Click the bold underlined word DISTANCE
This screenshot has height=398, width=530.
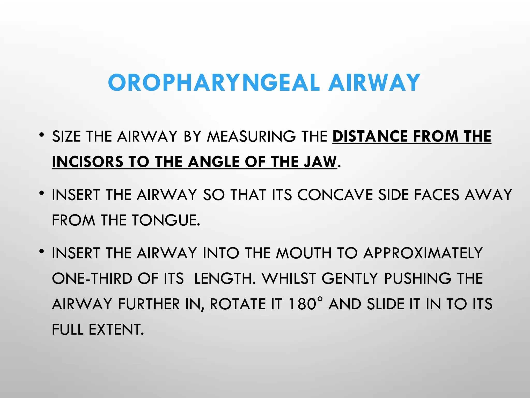[x=370, y=137]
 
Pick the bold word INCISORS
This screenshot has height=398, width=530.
[x=87, y=162]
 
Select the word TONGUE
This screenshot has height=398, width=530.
[x=165, y=221]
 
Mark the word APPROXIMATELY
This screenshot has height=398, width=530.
[x=423, y=253]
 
